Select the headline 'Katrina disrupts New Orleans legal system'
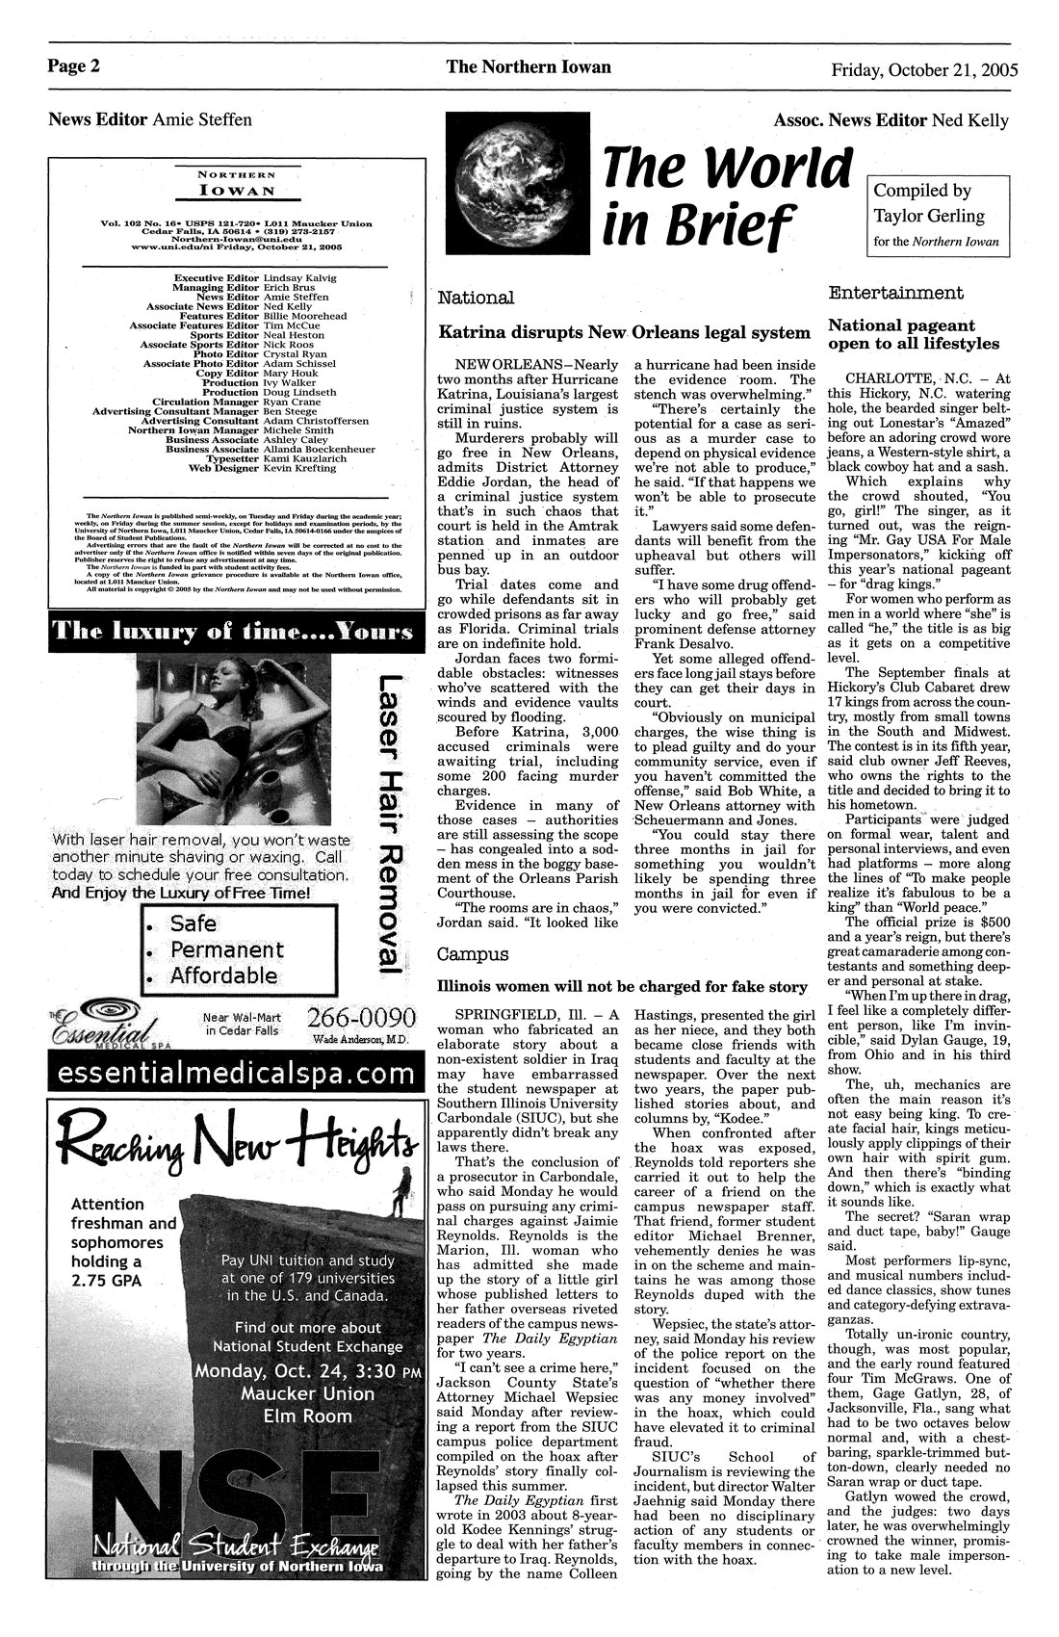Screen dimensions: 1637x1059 (624, 332)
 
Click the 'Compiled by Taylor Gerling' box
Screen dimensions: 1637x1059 (939, 215)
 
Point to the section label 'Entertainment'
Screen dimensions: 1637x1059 (895, 292)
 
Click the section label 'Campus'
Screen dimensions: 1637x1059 (475, 954)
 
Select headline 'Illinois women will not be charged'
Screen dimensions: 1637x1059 (622, 987)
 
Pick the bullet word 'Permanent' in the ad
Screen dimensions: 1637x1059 (227, 949)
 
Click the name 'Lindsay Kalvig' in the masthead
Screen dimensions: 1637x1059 (299, 277)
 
